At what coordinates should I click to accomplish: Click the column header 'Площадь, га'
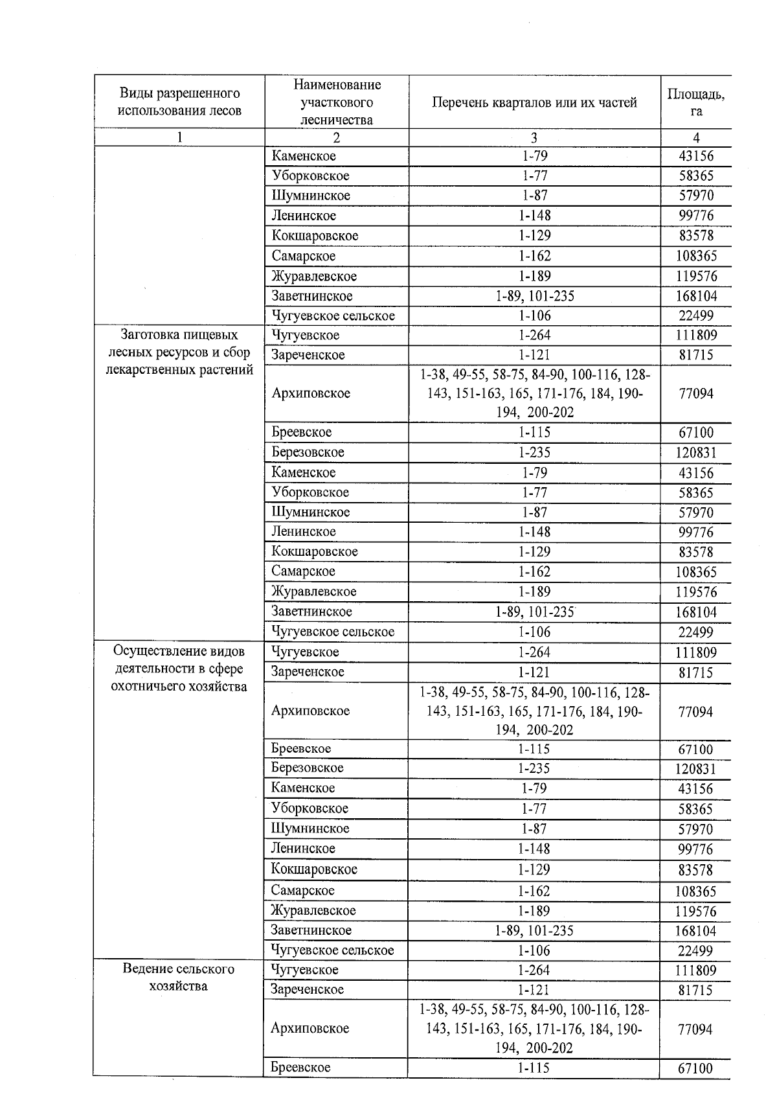click(695, 102)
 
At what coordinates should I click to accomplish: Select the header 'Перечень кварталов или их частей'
click(534, 102)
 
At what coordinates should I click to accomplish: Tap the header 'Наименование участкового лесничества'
click(337, 102)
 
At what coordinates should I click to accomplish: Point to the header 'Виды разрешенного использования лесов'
click(179, 102)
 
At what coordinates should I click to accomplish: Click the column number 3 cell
click(534, 137)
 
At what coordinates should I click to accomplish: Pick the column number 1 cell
click(179, 137)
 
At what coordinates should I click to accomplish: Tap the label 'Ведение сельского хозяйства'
click(179, 978)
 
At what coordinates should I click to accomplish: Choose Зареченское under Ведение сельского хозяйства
click(308, 989)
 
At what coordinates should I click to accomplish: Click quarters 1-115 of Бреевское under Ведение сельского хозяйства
click(534, 1068)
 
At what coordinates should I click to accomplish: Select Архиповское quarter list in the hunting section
click(534, 711)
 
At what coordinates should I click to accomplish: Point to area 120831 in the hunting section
click(695, 769)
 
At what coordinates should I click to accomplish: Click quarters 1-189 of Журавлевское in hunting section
click(534, 911)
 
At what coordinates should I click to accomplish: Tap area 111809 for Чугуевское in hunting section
click(695, 652)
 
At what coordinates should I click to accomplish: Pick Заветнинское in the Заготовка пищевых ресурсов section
click(311, 612)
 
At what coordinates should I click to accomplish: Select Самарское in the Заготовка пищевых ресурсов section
click(303, 571)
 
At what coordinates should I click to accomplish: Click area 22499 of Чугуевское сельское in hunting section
click(695, 950)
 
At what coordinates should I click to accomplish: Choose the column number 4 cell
click(695, 137)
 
